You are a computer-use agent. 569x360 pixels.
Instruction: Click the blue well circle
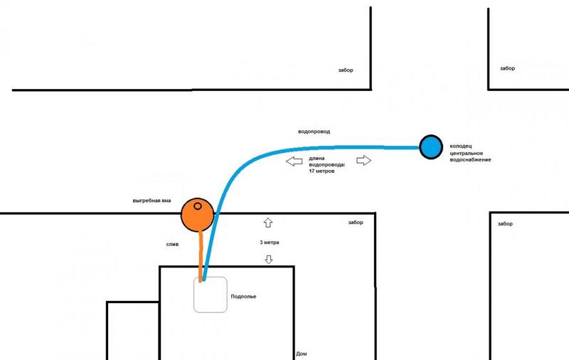coord(430,147)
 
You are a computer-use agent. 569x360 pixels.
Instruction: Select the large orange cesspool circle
coord(197,216)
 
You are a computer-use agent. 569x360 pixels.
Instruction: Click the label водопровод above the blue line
coord(314,132)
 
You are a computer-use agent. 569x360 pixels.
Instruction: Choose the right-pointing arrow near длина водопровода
coord(363,161)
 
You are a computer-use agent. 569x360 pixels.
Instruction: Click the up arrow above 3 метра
coord(268,223)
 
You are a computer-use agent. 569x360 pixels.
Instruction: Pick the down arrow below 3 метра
coord(268,259)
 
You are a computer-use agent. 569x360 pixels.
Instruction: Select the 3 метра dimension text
coord(270,243)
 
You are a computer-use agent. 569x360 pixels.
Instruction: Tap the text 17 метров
coord(324,171)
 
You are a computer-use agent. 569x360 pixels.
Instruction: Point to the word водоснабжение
coord(469,160)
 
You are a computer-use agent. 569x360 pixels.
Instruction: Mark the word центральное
coord(466,153)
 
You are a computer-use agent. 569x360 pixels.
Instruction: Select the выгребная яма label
coord(152,201)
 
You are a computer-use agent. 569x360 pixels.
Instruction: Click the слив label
coord(172,244)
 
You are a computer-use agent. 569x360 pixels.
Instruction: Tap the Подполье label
coord(243,295)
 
